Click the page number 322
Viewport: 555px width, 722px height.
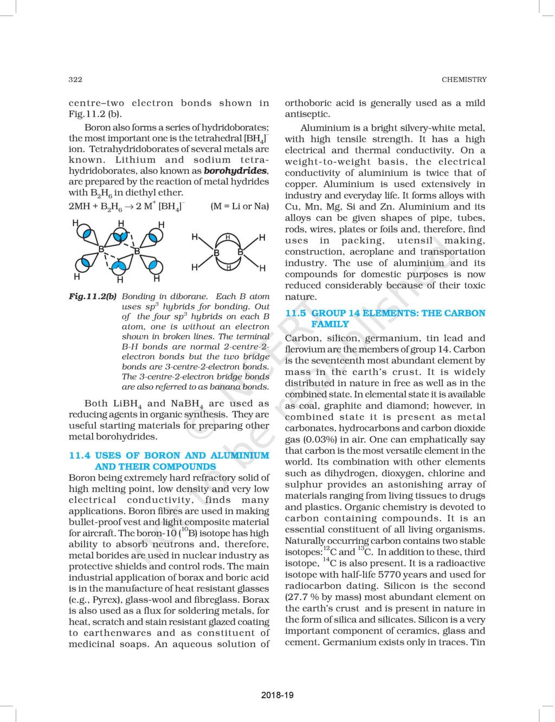[x=75, y=80]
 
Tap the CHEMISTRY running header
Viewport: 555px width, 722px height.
[x=464, y=80]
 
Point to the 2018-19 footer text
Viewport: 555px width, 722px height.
[x=277, y=694]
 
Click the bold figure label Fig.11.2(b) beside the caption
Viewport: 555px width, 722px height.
[x=93, y=297]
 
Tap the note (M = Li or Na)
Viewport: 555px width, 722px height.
[x=239, y=206]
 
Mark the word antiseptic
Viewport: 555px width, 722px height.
[x=307, y=114]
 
